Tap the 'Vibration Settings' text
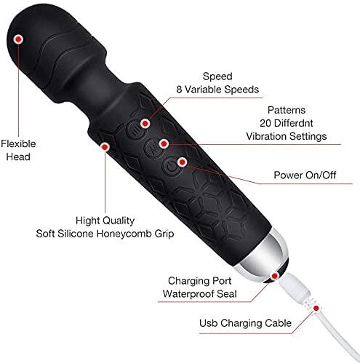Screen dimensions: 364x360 coord(276,135)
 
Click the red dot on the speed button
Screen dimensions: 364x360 coord(146,124)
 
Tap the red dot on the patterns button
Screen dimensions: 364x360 coord(166,143)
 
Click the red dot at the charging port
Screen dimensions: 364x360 coord(276,275)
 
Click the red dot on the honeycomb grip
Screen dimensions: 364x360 coord(106,146)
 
